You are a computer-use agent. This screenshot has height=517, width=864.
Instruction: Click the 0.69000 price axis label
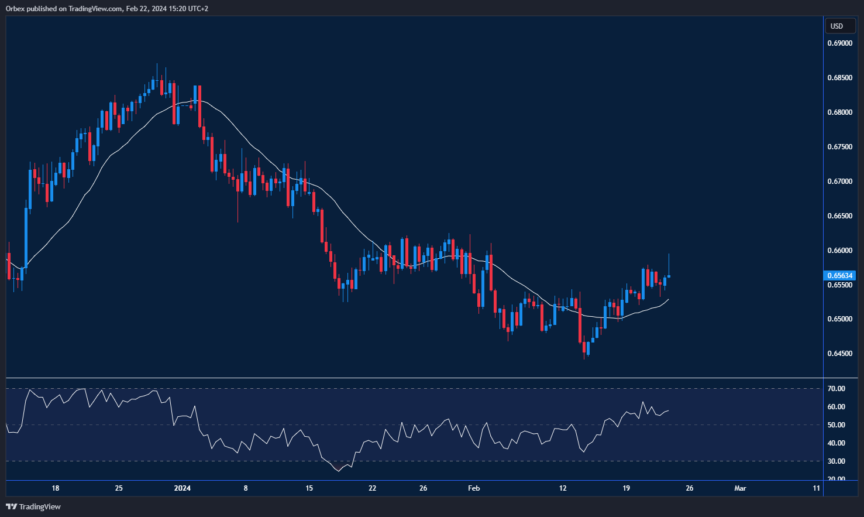coord(839,43)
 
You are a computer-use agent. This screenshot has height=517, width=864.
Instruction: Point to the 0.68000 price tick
coord(839,112)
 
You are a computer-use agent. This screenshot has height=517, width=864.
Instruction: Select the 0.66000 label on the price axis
coord(839,251)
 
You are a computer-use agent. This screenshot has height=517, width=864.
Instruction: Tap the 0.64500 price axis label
coord(839,354)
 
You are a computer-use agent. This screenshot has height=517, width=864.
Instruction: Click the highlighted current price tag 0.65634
coord(839,276)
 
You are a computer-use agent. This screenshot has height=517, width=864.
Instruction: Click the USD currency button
coord(837,26)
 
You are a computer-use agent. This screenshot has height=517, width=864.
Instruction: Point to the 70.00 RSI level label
coord(837,389)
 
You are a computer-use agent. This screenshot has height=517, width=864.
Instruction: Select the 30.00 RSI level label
coord(837,461)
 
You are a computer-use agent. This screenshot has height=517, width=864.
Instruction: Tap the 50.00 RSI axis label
coord(837,425)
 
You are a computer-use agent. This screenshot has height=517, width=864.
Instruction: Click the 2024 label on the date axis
coord(183,488)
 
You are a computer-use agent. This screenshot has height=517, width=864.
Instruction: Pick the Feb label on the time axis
coord(474,488)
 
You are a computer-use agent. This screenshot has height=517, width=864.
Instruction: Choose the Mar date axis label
coord(740,488)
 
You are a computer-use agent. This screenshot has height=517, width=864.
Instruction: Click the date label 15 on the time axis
coord(309,488)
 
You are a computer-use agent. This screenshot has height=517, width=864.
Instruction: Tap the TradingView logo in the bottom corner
coord(33,506)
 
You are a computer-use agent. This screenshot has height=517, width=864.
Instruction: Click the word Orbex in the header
coord(16,9)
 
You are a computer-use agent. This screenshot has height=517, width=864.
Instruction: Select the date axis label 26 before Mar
coord(690,488)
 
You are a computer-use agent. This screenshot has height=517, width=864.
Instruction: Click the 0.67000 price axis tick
coord(839,182)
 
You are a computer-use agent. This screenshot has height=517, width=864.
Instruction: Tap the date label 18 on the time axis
coord(56,488)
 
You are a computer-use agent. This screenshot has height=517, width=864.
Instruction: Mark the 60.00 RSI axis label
coord(837,407)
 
